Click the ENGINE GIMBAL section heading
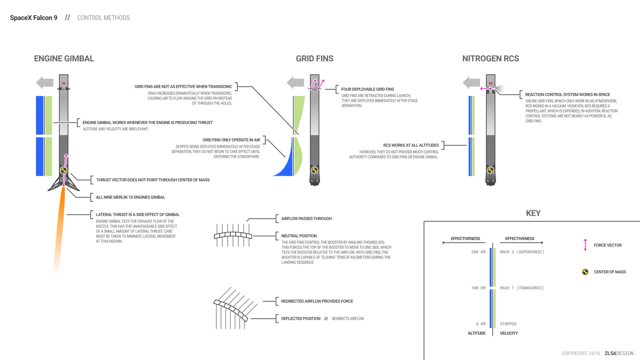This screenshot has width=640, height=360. point(64,59)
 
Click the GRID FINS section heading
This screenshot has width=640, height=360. point(314,59)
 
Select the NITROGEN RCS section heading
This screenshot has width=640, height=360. point(490,59)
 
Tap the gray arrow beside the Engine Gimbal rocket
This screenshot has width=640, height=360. point(45,83)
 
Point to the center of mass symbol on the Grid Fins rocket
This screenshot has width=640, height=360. point(315,171)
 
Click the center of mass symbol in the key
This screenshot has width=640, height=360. point(585,272)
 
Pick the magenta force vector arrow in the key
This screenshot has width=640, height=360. point(585,245)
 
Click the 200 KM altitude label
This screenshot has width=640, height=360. point(478,252)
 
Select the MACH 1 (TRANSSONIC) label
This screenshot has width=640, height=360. point(522,288)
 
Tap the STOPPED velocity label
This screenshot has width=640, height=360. point(508,324)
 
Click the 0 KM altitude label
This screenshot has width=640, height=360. point(480,324)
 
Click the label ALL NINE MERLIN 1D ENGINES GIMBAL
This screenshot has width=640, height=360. point(130,197)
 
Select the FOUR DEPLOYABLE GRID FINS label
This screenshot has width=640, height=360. point(367,89)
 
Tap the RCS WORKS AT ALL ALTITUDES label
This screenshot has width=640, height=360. point(411,145)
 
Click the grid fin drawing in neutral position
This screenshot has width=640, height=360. point(233,235)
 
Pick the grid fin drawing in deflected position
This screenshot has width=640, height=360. point(232,309)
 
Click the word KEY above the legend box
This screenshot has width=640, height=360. point(533,213)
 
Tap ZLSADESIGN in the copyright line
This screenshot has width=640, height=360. point(619,353)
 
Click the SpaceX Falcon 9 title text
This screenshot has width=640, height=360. point(33,18)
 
